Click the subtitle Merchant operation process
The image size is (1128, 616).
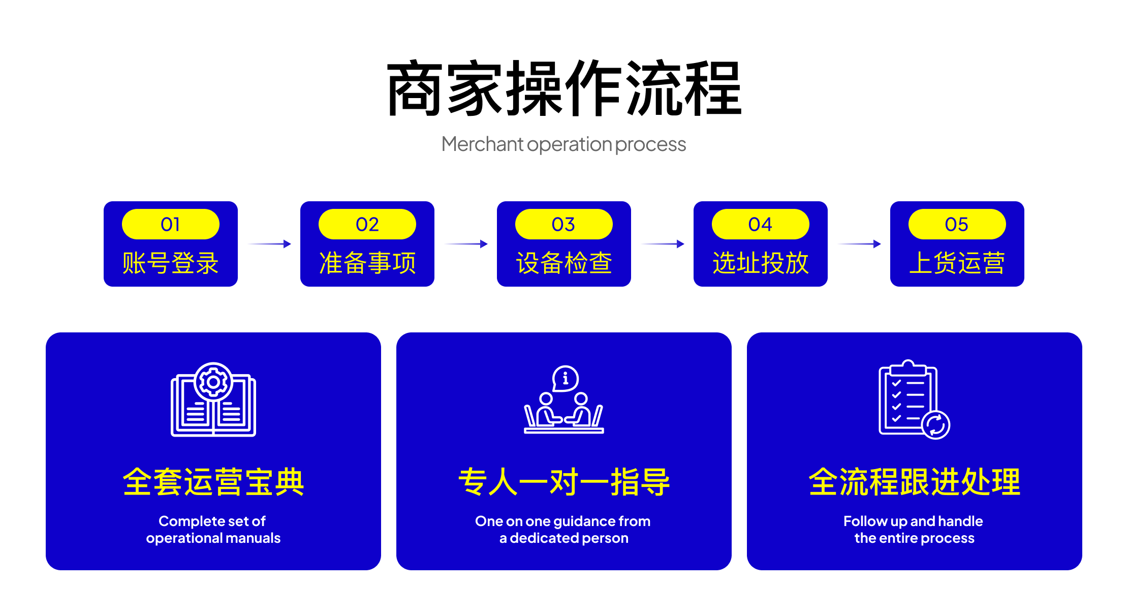point(563,144)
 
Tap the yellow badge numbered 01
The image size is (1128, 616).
point(171,224)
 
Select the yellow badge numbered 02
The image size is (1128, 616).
point(367,224)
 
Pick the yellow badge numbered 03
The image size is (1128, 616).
point(564,224)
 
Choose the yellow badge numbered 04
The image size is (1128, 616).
point(761,224)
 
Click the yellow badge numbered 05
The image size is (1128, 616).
point(957,224)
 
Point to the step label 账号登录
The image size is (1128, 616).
point(171,263)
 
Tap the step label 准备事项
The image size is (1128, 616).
point(367,263)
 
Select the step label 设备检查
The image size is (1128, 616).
point(564,263)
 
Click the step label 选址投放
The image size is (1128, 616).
point(761,263)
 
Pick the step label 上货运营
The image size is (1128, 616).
point(957,263)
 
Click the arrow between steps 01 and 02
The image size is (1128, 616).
point(270,244)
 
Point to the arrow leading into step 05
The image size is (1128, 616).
point(860,244)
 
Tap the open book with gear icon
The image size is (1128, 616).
point(213,399)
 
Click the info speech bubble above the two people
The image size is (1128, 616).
point(566,379)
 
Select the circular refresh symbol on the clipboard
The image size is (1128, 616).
point(936,424)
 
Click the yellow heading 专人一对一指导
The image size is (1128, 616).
point(564,482)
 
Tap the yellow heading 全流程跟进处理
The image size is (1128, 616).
point(915,482)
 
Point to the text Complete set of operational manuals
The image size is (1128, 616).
point(213,530)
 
